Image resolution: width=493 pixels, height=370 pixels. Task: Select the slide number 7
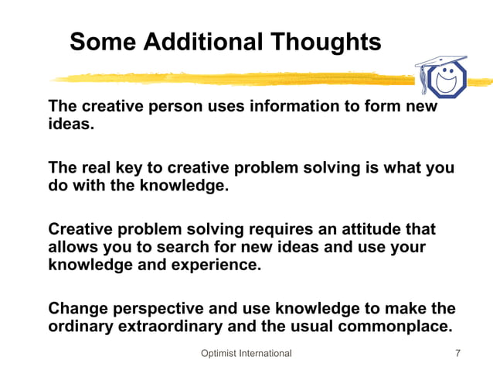click(x=458, y=353)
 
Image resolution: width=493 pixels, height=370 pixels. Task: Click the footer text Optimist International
click(x=246, y=353)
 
